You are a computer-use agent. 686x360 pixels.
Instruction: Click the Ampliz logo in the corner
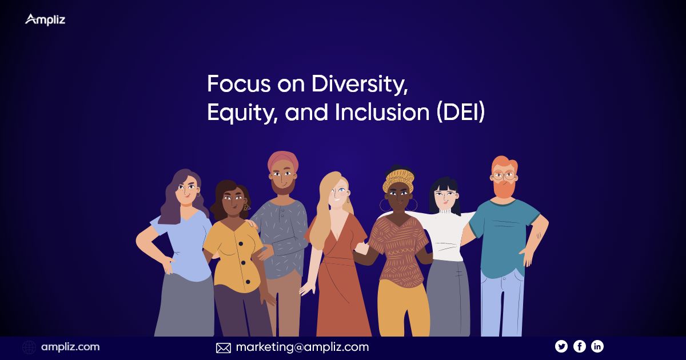45,20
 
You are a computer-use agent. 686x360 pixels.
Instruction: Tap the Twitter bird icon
561,346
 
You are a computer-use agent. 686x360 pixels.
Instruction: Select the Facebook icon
580,346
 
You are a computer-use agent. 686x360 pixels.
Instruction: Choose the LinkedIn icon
597,346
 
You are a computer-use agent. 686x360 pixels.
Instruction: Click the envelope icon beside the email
224,348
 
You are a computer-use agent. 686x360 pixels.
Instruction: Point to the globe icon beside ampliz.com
29,347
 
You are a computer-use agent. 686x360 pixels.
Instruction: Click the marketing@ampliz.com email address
302,347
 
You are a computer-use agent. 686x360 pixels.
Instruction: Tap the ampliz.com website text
70,347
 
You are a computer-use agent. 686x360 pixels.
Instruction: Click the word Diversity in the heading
360,84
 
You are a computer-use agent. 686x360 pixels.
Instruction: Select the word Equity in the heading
242,113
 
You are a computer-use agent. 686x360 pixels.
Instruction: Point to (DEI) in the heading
461,112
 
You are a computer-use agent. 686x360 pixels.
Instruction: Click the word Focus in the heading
239,83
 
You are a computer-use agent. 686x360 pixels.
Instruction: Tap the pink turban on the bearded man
282,161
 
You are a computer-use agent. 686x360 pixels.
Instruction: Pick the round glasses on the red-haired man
504,176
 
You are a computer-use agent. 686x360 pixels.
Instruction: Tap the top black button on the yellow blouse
241,243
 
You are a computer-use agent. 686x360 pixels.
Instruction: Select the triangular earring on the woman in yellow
246,207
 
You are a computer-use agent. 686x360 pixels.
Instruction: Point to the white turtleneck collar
445,211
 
